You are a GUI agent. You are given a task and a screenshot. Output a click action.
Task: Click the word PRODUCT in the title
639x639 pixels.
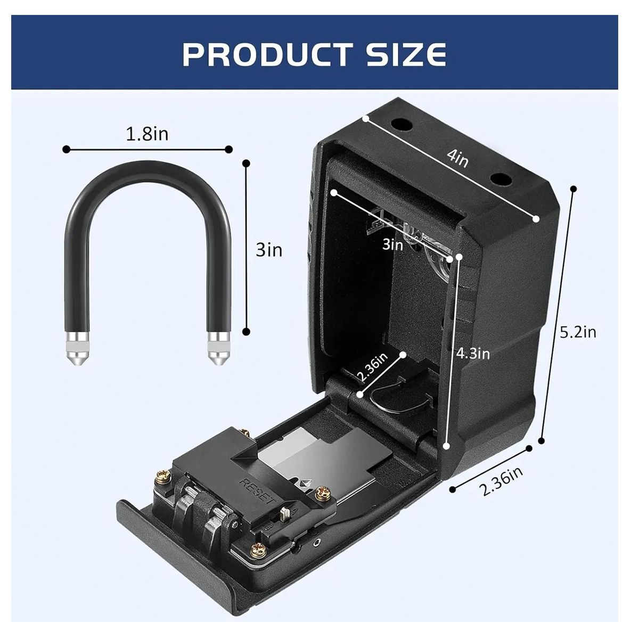[266, 54]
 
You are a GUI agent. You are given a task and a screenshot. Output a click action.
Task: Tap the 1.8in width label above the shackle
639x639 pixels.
[147, 134]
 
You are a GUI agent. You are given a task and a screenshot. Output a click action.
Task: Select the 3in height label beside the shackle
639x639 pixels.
[269, 249]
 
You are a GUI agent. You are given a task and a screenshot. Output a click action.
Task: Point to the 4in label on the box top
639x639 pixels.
[457, 158]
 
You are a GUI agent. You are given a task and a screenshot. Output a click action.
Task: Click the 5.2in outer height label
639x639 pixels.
[578, 332]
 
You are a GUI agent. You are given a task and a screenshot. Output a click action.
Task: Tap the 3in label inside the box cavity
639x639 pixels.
[392, 244]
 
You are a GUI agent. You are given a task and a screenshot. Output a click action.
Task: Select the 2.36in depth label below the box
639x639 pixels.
[501, 481]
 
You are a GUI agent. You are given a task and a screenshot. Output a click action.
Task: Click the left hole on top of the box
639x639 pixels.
[402, 126]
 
